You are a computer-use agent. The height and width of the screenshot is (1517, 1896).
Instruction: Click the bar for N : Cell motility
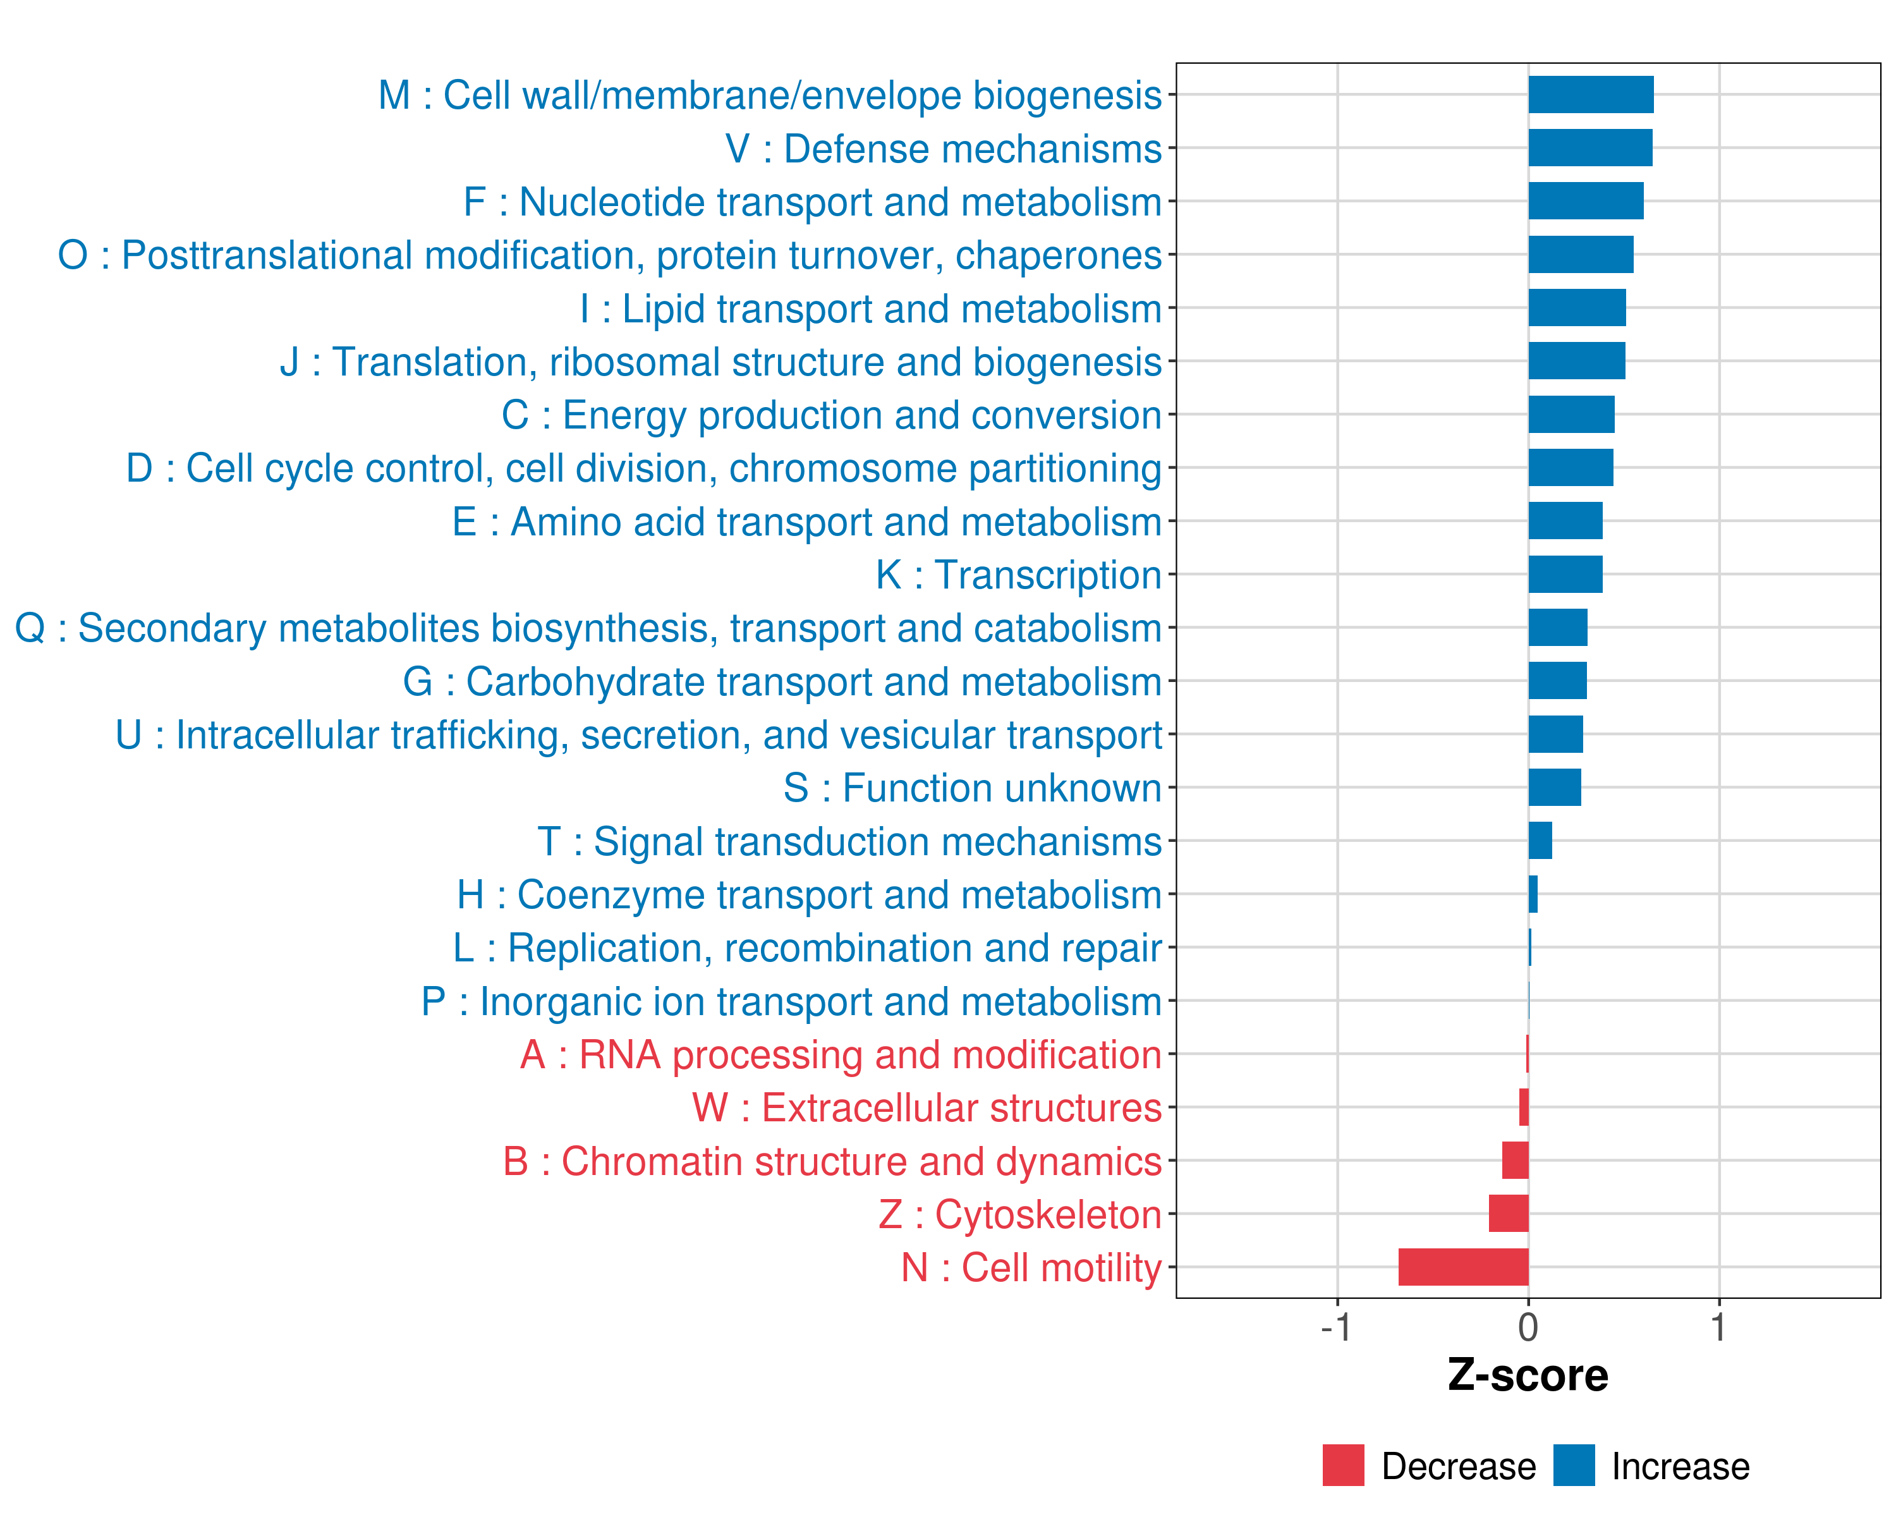1463,1267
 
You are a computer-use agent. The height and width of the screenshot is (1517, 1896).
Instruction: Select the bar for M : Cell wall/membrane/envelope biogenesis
1590,95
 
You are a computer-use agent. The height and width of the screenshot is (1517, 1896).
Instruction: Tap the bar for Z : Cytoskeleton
1508,1214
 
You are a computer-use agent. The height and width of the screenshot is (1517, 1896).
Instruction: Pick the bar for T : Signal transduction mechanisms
1540,841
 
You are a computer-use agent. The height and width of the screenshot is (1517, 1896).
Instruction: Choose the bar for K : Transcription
1565,575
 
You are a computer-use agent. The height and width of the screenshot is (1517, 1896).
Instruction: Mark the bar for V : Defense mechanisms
1590,148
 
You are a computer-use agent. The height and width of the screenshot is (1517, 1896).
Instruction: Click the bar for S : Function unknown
1554,787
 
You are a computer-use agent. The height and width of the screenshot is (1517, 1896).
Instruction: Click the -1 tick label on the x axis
1336,1327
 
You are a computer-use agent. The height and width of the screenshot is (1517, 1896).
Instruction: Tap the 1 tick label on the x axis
1718,1327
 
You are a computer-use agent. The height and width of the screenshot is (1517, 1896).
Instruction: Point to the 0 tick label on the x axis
1528,1327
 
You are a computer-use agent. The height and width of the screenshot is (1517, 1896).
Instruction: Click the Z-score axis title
1528,1375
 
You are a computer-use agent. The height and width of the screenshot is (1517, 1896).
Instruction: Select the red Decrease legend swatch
1343,1465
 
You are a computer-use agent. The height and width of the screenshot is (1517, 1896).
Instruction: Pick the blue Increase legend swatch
1573,1465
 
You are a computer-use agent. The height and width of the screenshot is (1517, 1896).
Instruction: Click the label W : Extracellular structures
927,1108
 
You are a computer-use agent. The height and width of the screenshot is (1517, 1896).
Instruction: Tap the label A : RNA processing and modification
841,1054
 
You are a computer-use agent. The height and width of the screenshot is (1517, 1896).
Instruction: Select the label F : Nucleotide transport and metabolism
813,202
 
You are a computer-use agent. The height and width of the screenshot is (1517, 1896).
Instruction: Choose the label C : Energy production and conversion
832,415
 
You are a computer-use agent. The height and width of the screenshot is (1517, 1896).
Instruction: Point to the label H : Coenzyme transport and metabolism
809,895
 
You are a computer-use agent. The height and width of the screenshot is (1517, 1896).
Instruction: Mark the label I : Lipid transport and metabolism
871,308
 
